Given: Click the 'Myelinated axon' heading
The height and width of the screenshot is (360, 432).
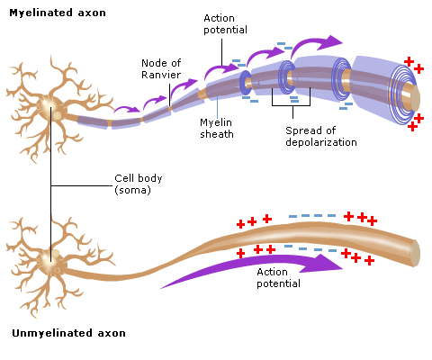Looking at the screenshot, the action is point(58,13).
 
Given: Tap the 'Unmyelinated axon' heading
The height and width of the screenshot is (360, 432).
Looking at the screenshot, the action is point(68,333).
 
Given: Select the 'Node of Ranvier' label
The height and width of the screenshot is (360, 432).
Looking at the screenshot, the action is point(161,68).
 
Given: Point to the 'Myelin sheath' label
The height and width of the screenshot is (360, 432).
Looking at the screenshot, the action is point(217,128).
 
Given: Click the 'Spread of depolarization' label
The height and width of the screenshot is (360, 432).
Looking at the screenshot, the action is point(321,137).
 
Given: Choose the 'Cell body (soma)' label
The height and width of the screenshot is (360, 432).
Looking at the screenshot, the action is point(139,184).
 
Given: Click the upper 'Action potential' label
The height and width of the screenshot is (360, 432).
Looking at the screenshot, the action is point(225,24).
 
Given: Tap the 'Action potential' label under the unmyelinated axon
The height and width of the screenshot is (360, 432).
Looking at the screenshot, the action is point(278,278).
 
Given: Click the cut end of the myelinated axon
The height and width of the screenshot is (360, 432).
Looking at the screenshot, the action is point(415,98).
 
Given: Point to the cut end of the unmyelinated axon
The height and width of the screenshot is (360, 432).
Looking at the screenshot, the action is point(415,253).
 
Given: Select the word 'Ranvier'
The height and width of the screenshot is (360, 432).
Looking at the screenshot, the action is point(161,75).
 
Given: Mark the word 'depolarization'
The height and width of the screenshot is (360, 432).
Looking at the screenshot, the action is point(321,142).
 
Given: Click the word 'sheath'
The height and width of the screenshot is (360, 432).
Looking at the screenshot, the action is point(217,134).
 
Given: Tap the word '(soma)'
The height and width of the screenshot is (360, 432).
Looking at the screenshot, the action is point(132,190).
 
